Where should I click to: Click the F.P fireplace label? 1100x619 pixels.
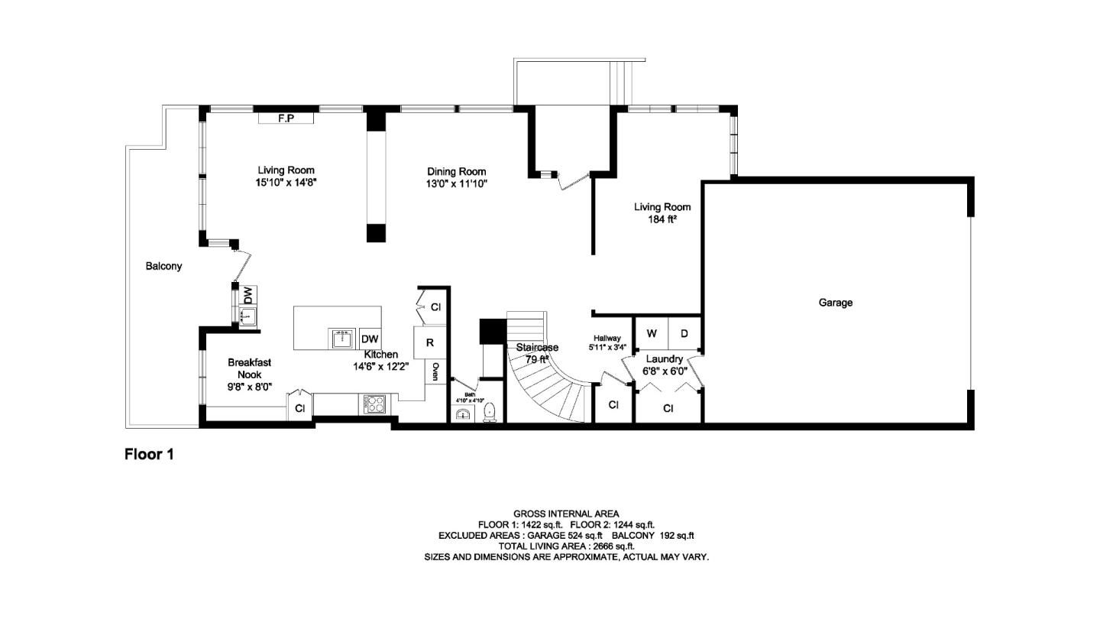tap(286, 118)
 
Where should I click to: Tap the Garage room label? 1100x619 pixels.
tap(836, 303)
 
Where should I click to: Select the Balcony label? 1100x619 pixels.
tap(164, 266)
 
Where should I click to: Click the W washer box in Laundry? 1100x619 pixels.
tap(652, 333)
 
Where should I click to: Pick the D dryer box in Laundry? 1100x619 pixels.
tap(684, 333)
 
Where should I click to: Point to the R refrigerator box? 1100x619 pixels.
tap(429, 343)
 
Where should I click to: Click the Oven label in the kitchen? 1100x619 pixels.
tap(435, 372)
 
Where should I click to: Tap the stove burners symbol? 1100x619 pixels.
tap(374, 404)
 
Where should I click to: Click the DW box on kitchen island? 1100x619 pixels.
tap(370, 339)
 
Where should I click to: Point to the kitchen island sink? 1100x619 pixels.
tap(341, 338)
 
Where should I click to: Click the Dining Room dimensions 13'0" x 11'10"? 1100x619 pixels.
tap(457, 183)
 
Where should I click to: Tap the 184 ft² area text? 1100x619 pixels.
tap(662, 219)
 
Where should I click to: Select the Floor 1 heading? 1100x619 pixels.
tap(150, 455)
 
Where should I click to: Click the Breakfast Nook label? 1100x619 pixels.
tap(249, 368)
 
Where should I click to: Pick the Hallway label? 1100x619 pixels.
tap(607, 339)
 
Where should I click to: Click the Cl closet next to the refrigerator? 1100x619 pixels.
tap(435, 307)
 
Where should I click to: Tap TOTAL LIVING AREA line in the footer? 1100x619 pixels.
tap(566, 546)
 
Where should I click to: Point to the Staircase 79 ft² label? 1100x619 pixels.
tap(537, 352)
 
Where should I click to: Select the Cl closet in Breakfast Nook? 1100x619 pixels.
tap(300, 409)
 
